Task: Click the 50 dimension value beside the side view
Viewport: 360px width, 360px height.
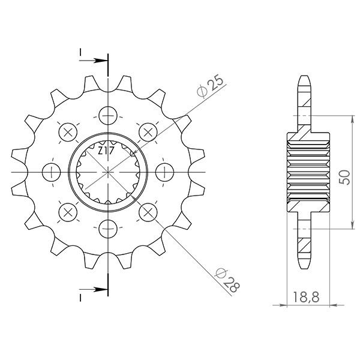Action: click(x=344, y=177)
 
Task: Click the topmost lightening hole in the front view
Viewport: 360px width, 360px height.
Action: click(x=108, y=114)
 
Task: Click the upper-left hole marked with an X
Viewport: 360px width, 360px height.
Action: click(x=67, y=131)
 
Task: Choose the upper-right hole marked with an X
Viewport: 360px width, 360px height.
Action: click(x=148, y=131)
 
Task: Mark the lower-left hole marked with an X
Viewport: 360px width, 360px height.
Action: click(x=67, y=211)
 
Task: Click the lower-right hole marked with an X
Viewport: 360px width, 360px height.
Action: click(x=148, y=211)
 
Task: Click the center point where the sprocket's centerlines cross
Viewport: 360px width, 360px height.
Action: click(x=108, y=172)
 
